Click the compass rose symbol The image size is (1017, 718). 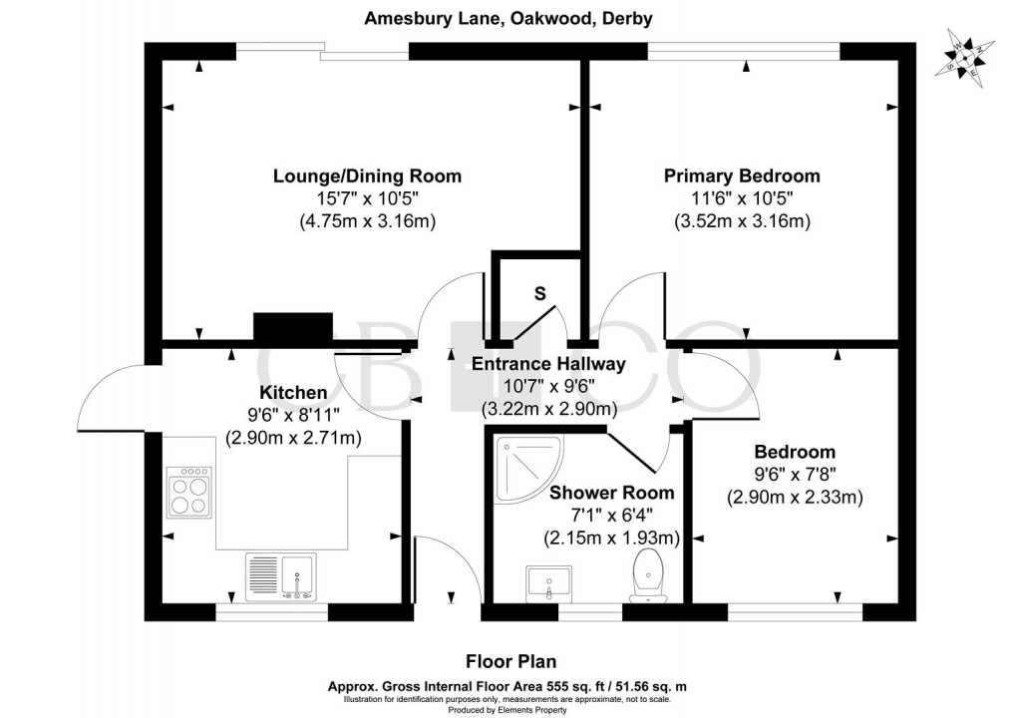click(x=964, y=57)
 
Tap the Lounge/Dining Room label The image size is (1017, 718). click(x=368, y=177)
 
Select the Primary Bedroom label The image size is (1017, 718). click(x=742, y=177)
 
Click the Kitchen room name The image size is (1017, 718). click(x=293, y=392)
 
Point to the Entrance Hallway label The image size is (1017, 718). click(x=548, y=364)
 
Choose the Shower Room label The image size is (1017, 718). click(x=611, y=493)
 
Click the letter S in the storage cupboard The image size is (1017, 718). click(x=539, y=293)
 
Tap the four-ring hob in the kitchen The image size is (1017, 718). click(x=190, y=492)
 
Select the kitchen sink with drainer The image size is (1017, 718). click(x=280, y=575)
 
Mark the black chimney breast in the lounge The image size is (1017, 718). click(x=292, y=327)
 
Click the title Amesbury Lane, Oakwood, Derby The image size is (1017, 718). click(x=509, y=19)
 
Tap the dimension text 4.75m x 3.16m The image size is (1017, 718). click(x=368, y=221)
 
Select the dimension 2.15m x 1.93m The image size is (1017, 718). click(x=611, y=538)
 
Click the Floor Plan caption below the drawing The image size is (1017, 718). click(x=511, y=661)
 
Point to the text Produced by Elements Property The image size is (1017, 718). click(x=508, y=709)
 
